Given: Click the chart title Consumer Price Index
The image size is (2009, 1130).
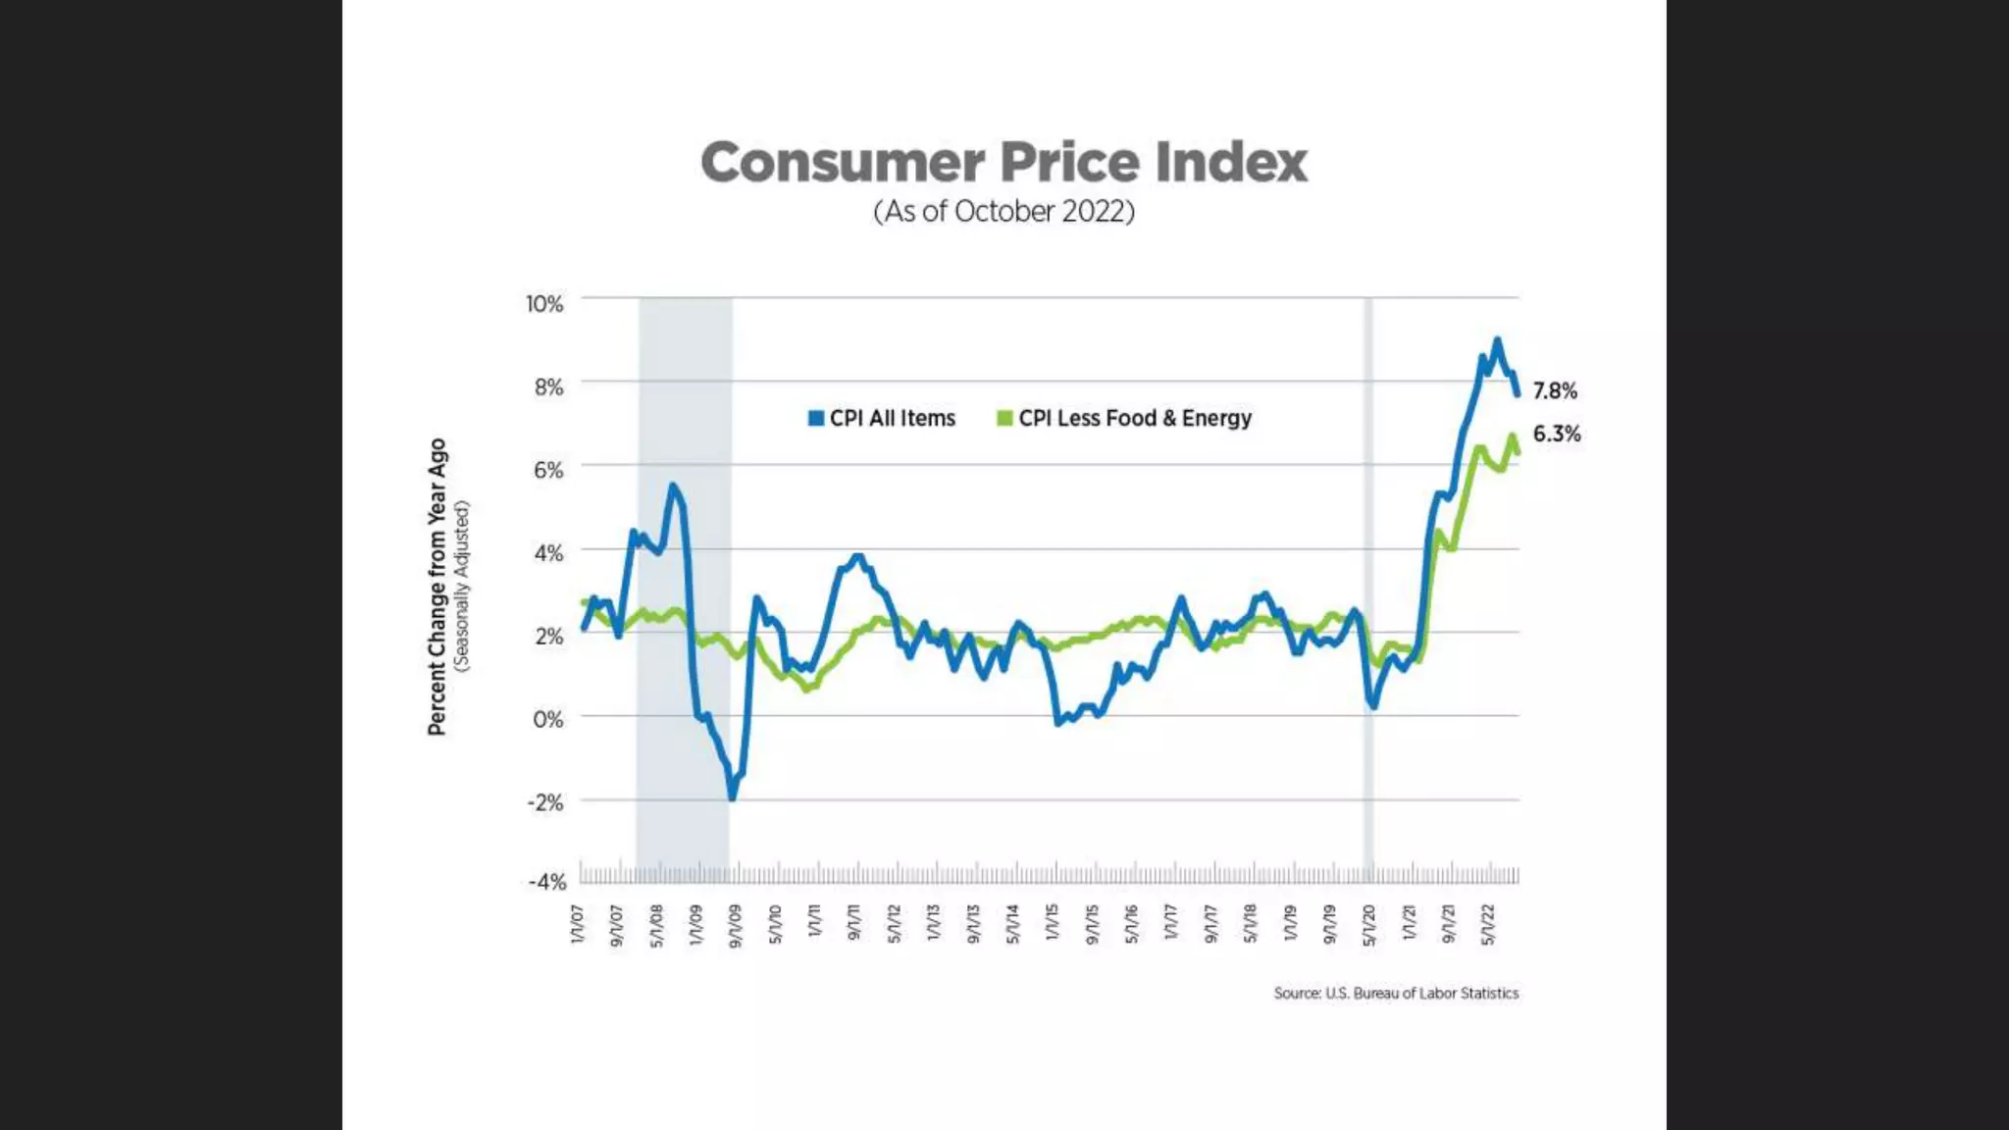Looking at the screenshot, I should point(1004,162).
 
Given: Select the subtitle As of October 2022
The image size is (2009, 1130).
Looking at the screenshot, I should point(1004,212).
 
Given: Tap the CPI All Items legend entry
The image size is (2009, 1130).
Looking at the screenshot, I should point(882,419).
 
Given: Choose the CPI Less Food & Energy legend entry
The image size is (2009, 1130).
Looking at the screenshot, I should point(1124,419).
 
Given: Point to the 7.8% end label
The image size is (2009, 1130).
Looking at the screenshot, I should point(1555,391).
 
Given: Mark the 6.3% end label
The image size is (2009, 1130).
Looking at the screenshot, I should point(1557,434).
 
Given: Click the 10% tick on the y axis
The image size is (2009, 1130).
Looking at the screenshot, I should point(544,304).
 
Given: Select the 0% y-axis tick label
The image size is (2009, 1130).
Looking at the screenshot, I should point(548,720).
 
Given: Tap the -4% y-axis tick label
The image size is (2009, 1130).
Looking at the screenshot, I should point(547,882).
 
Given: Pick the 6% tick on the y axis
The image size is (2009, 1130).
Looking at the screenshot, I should point(548,471).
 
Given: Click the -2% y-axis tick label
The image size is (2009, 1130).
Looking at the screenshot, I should point(545,803).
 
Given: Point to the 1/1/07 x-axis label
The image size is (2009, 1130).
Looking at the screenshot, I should point(578,925).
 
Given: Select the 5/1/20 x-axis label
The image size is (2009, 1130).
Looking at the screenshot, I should point(1369,925).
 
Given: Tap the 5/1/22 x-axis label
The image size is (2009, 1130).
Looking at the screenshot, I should point(1488,925).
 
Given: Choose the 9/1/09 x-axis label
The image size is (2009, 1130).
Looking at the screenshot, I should point(736,925).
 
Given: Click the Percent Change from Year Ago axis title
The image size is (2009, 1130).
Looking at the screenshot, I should point(437,587).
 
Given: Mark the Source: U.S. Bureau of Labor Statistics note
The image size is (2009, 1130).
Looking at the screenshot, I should point(1396,994).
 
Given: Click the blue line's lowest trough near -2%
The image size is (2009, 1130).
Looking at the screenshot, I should point(732,797).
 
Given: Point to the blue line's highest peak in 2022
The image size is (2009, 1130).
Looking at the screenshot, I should point(1497,340).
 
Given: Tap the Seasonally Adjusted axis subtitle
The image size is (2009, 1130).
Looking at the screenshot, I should point(463,587).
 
